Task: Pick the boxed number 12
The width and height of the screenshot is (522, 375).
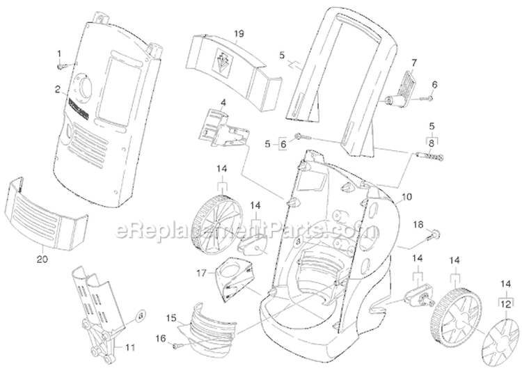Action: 505,303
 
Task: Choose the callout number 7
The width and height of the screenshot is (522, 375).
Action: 413,62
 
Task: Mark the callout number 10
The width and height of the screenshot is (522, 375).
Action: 407,197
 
